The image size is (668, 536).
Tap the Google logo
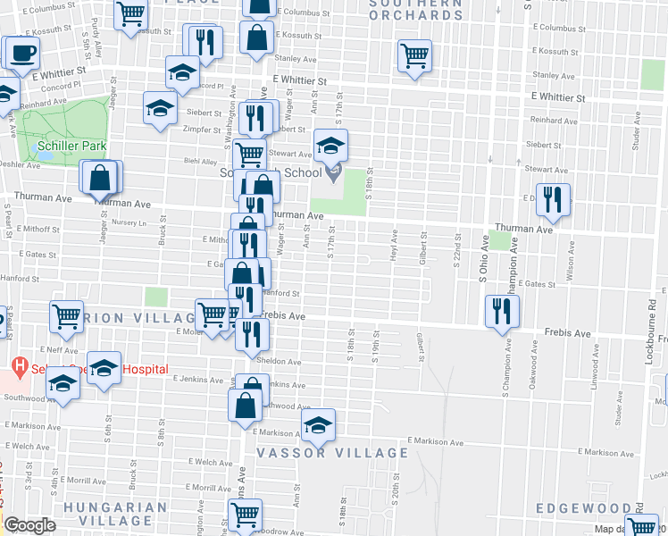pyautogui.click(x=29, y=525)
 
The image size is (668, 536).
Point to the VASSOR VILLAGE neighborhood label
pyautogui.click(x=332, y=453)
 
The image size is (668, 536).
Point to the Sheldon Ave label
pyautogui.click(x=280, y=361)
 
